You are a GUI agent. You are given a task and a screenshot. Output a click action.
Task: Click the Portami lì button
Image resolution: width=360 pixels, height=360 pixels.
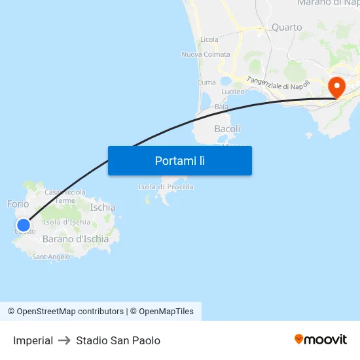pos(179,160)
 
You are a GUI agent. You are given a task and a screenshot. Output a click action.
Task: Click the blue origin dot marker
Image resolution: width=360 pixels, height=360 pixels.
pos(24,226)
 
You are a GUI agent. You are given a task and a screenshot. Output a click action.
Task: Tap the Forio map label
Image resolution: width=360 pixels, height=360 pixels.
pos(18,204)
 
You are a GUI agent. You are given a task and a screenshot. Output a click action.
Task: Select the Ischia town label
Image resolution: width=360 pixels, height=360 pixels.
pos(103,207)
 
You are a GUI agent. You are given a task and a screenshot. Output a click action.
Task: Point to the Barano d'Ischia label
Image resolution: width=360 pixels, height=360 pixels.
pos(75,239)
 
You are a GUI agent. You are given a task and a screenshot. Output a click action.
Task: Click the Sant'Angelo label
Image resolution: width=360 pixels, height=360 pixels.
pos(51,257)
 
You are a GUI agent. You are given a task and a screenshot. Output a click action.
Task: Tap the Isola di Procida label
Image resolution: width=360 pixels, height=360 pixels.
pos(166,187)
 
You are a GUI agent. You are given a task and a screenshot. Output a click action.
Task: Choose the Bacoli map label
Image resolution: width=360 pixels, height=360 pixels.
pos(227,129)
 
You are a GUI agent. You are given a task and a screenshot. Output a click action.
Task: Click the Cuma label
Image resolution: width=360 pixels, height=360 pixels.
pos(206,82)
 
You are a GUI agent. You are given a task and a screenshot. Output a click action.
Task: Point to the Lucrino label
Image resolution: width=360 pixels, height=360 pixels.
pos(233,92)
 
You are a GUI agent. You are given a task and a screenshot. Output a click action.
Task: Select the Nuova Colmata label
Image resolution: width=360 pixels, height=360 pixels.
pos(206,54)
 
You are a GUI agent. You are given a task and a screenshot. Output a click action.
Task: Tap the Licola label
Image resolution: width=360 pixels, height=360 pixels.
pos(209,40)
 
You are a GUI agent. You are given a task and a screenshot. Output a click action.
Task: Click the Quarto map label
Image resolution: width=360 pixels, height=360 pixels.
pos(287,27)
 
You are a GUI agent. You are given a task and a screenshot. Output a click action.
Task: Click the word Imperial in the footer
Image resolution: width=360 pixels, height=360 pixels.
pos(33,340)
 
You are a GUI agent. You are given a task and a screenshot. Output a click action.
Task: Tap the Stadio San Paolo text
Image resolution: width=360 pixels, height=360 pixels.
pos(118,340)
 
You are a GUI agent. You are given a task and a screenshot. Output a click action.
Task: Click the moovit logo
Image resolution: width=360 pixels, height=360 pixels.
pos(320,339)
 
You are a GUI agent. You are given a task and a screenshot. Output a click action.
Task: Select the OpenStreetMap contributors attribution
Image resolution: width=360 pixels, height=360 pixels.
pos(65,312)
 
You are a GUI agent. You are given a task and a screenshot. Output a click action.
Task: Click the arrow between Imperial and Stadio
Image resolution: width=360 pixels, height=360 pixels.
pos(64,340)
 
